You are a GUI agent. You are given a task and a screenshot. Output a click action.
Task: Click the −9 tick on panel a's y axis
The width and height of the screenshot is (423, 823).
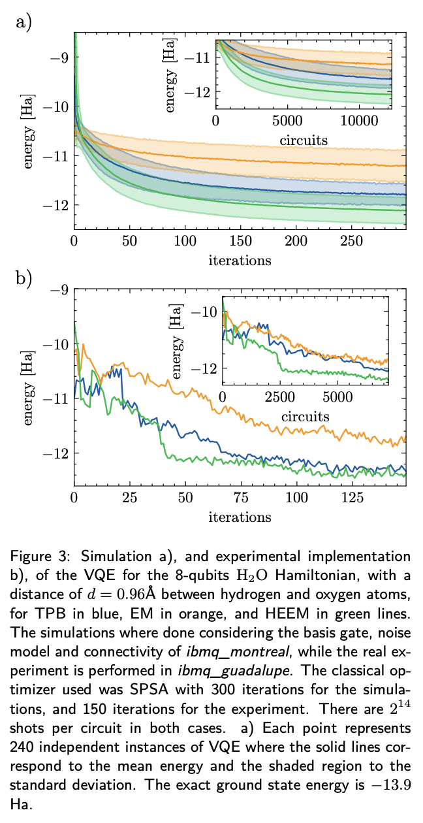point(57,57)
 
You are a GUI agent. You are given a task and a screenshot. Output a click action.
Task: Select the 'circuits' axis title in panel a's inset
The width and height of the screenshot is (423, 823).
point(304,139)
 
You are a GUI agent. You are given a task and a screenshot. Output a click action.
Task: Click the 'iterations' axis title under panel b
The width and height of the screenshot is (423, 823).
point(240,517)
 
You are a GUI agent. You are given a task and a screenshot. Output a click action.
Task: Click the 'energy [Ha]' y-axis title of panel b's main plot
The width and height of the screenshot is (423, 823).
point(29,389)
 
